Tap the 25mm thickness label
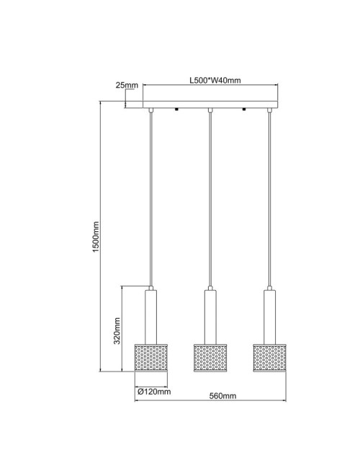point(127,86)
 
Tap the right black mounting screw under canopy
point(244,109)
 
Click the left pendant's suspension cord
point(151,202)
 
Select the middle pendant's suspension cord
point(210,202)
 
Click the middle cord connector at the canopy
point(210,110)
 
